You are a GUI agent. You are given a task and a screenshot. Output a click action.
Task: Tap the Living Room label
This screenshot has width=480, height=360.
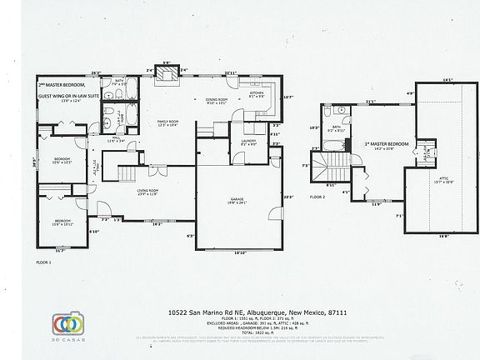click(149, 192)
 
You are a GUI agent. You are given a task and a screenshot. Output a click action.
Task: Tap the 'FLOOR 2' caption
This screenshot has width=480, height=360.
click(317, 197)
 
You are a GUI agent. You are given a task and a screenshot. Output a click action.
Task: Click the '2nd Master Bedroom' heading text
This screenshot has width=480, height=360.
click(64, 84)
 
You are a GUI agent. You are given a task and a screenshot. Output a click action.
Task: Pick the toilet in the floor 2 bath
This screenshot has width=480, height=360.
click(328, 112)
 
